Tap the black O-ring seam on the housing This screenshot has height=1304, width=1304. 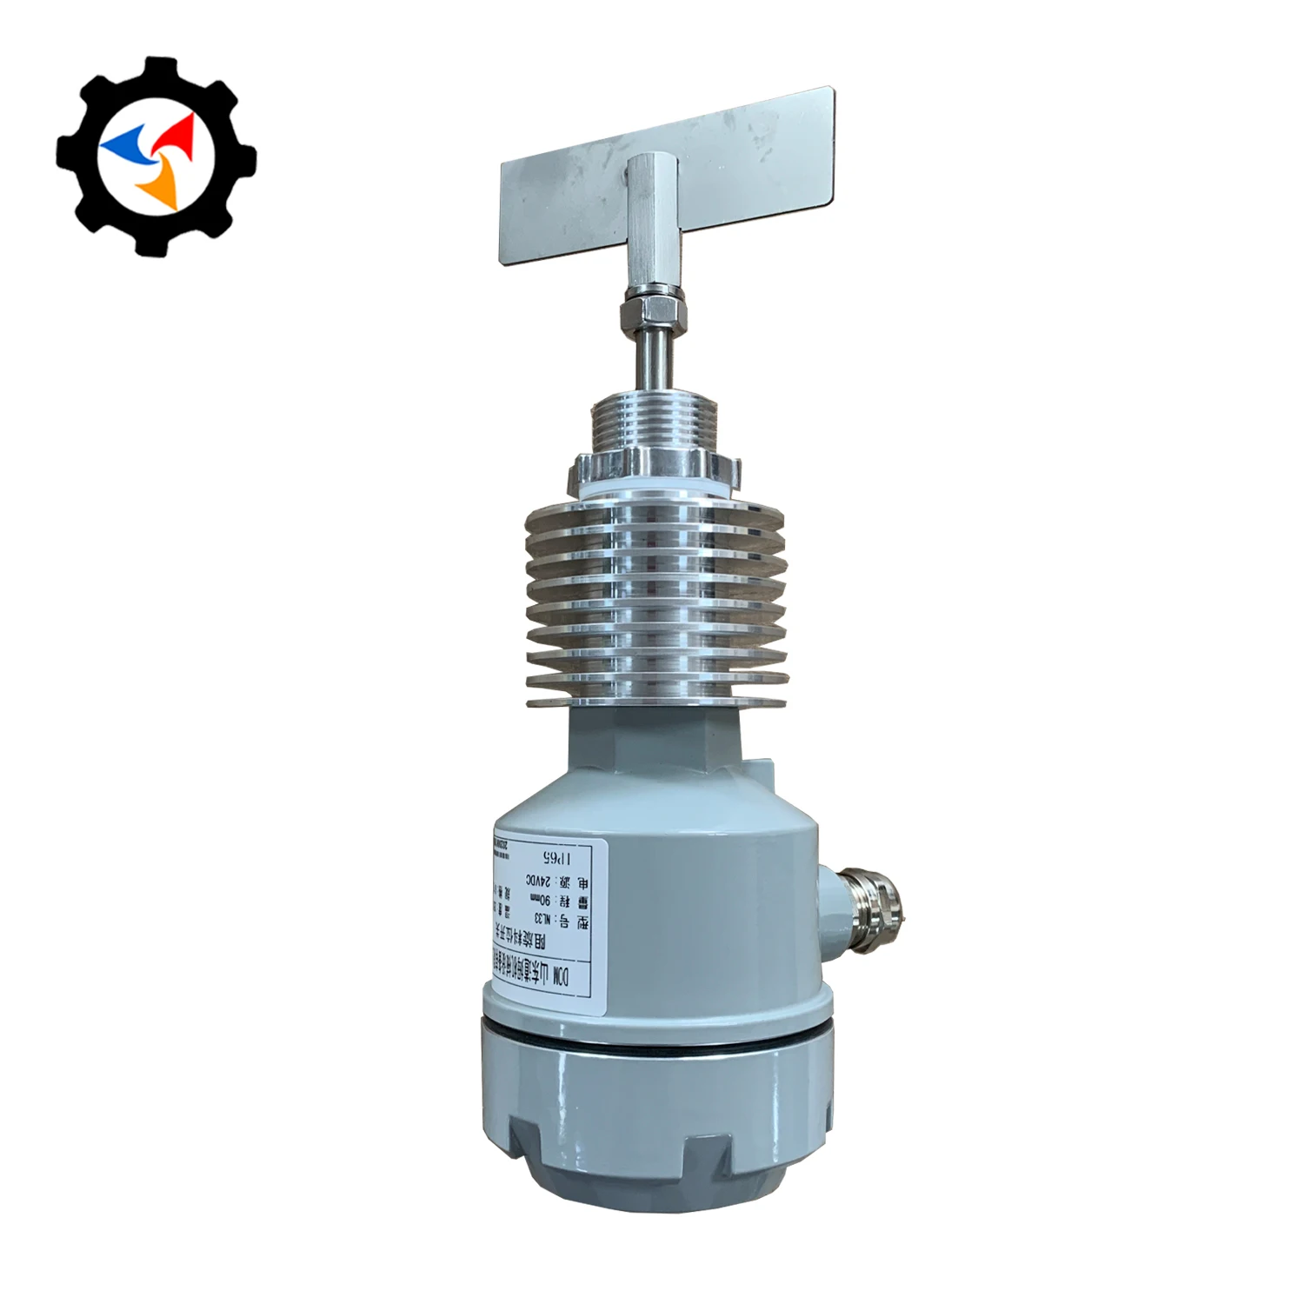[656, 1044]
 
